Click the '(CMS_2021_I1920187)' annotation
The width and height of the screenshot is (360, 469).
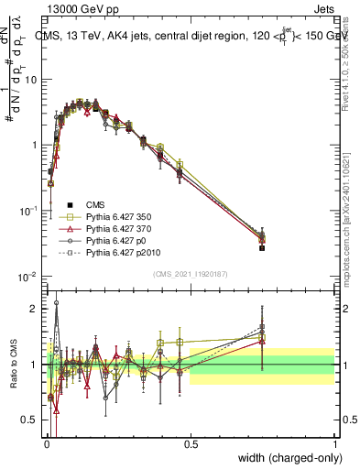coord(191,273)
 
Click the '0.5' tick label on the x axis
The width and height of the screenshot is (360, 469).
coord(191,443)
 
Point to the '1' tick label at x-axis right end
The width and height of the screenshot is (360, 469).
coord(334,443)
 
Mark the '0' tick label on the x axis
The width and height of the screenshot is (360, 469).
coord(48,443)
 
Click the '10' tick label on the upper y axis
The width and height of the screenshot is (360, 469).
coord(32,79)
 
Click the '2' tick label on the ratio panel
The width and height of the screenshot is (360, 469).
coord(36,309)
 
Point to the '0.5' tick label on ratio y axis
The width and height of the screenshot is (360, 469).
coord(32,420)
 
